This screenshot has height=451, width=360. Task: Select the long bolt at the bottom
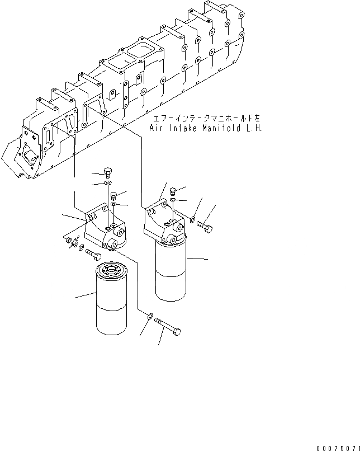point(167,328)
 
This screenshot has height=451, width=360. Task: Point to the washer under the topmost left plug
point(108,184)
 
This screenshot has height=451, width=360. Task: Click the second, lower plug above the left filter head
point(114,195)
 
